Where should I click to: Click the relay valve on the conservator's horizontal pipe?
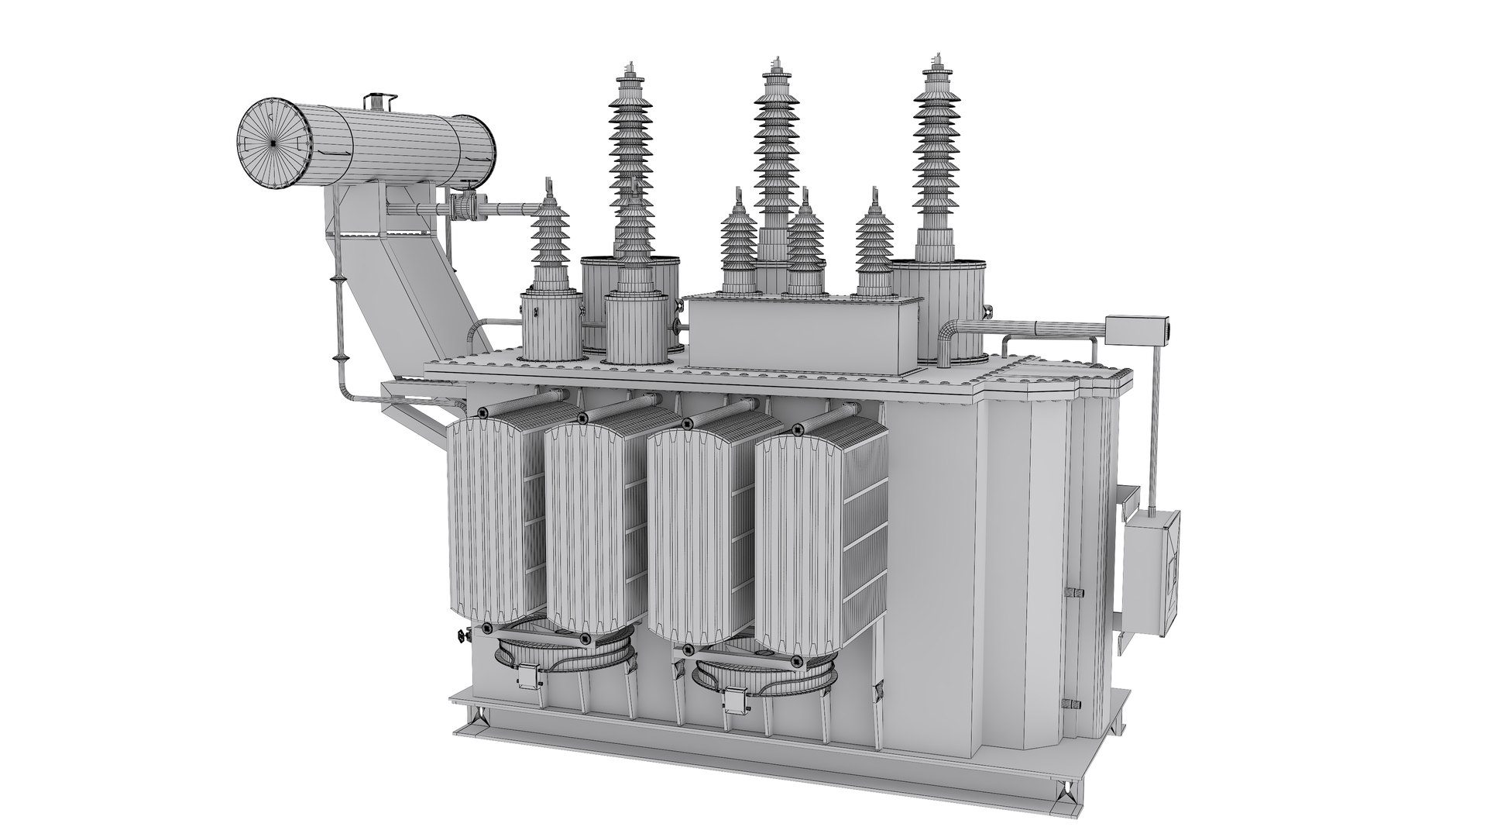click(464, 208)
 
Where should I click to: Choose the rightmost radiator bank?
click(798, 542)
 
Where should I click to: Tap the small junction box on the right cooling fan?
click(733, 700)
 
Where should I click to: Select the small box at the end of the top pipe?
click(1135, 329)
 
